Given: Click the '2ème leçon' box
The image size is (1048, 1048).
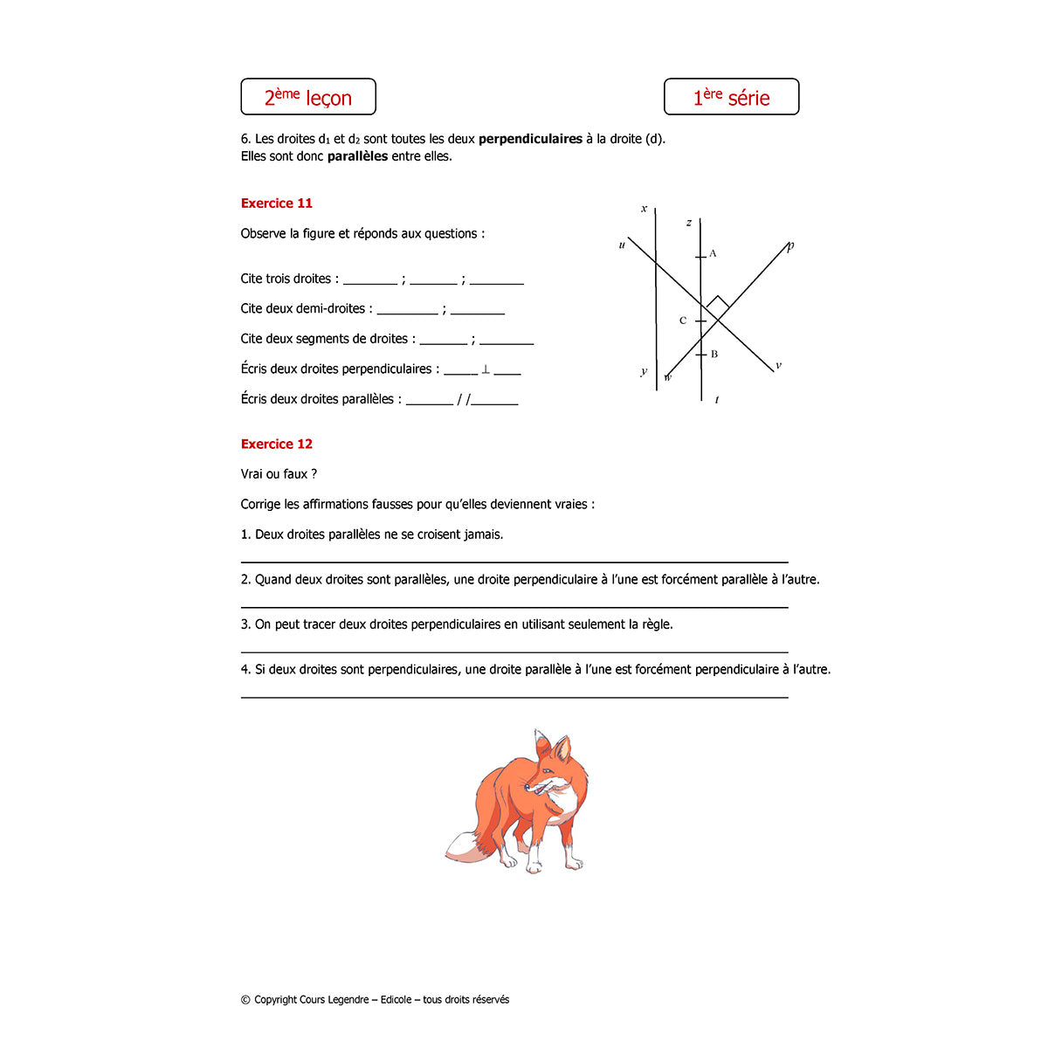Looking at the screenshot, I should (x=308, y=97).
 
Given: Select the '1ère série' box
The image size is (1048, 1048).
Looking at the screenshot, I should (x=731, y=97).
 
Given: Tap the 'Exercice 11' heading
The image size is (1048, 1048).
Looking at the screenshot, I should (x=276, y=203).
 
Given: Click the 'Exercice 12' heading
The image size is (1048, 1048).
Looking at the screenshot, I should (x=276, y=444).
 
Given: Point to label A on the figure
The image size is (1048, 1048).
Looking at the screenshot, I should (x=713, y=254).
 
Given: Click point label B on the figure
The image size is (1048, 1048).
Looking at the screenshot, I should (x=714, y=355).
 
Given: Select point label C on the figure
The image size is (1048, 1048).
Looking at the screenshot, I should (x=683, y=321).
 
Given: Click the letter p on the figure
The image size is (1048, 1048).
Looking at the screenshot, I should (x=790, y=246).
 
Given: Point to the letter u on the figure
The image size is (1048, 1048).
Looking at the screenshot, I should (x=622, y=245).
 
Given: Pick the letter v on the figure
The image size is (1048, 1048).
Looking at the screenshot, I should (x=778, y=366).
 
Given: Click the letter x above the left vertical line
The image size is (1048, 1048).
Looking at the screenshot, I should (x=644, y=209).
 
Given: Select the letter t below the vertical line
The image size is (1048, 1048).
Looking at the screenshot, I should (x=717, y=400).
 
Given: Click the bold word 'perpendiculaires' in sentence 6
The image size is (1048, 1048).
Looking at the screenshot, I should (x=530, y=139).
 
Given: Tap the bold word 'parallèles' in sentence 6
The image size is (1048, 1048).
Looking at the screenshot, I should (x=357, y=156).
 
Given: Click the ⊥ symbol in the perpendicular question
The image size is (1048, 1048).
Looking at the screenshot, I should (x=486, y=369).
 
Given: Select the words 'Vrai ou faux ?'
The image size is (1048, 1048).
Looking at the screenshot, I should (x=279, y=474).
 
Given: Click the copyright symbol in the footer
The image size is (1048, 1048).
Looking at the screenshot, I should (x=245, y=1000).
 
